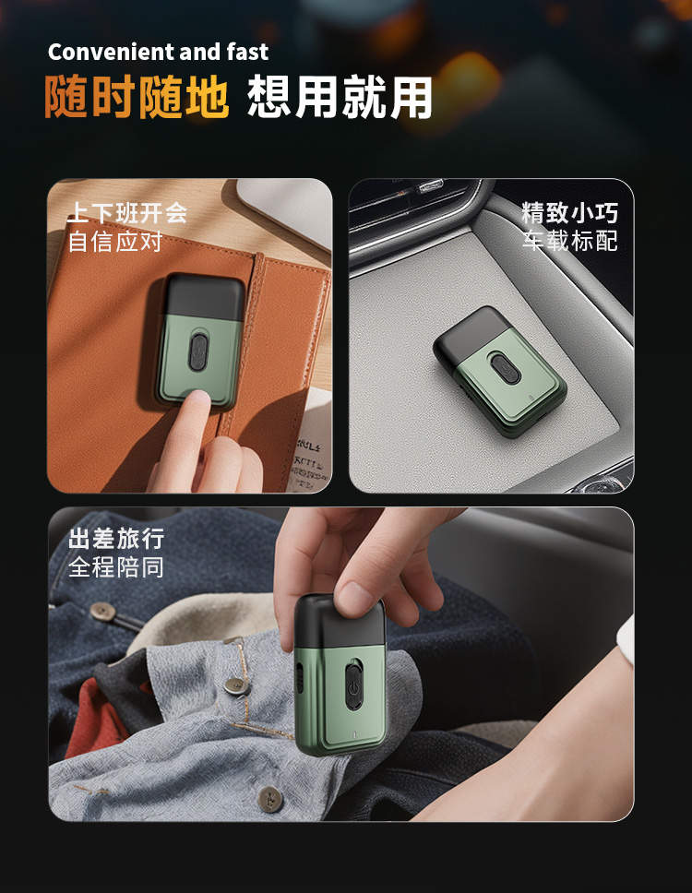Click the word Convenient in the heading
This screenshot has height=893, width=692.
click(111, 53)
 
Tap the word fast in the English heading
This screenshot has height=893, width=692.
click(247, 53)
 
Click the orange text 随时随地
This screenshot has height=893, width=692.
click(137, 97)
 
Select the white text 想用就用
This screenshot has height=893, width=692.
click(340, 97)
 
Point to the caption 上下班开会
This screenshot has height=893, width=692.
click(127, 213)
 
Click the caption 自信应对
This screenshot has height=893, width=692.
click(115, 242)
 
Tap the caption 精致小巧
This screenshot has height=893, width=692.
click(569, 213)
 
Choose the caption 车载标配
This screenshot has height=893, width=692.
click(569, 241)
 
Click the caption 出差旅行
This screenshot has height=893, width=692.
click(116, 539)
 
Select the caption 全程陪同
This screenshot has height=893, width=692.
click(116, 567)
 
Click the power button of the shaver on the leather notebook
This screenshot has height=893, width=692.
click(198, 352)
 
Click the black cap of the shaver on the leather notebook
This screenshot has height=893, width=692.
click(203, 295)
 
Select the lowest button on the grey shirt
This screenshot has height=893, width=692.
click(269, 798)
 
